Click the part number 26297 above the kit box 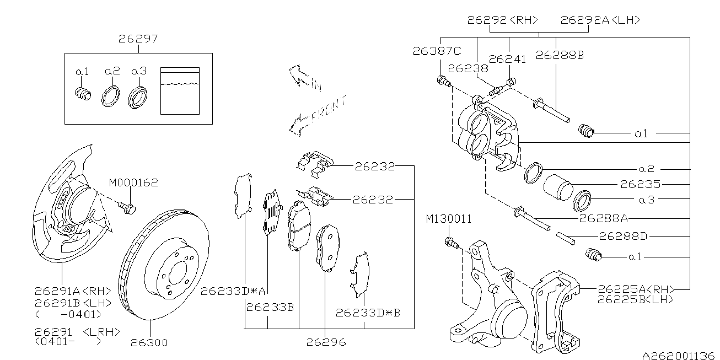click(138, 39)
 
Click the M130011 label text click(448, 219)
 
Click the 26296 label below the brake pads click(326, 342)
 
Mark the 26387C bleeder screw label click(436, 51)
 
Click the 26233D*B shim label click(368, 313)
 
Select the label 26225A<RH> click(636, 288)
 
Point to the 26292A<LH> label click(600, 20)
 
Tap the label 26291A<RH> click(73, 291)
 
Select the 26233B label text click(270, 307)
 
